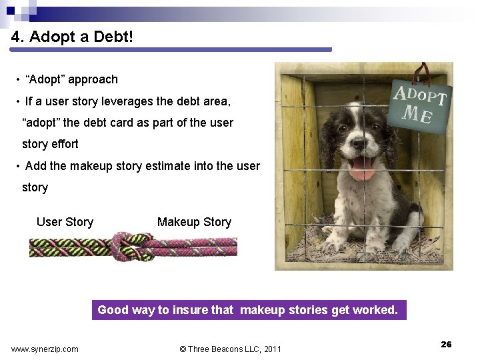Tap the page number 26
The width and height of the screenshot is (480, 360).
446,344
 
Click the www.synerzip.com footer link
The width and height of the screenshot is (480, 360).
45,349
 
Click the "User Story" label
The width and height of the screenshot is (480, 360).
65,222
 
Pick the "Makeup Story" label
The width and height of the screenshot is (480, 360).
194,222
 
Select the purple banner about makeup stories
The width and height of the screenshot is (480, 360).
248,310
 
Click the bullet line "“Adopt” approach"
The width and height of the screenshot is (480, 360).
71,79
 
